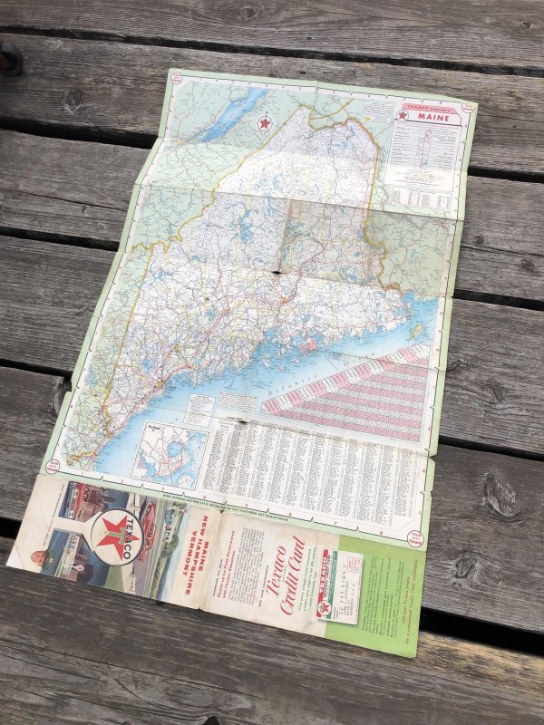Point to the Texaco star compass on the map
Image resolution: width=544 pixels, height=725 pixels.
pos(265,122)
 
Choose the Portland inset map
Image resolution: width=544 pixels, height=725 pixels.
pos(168,453)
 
